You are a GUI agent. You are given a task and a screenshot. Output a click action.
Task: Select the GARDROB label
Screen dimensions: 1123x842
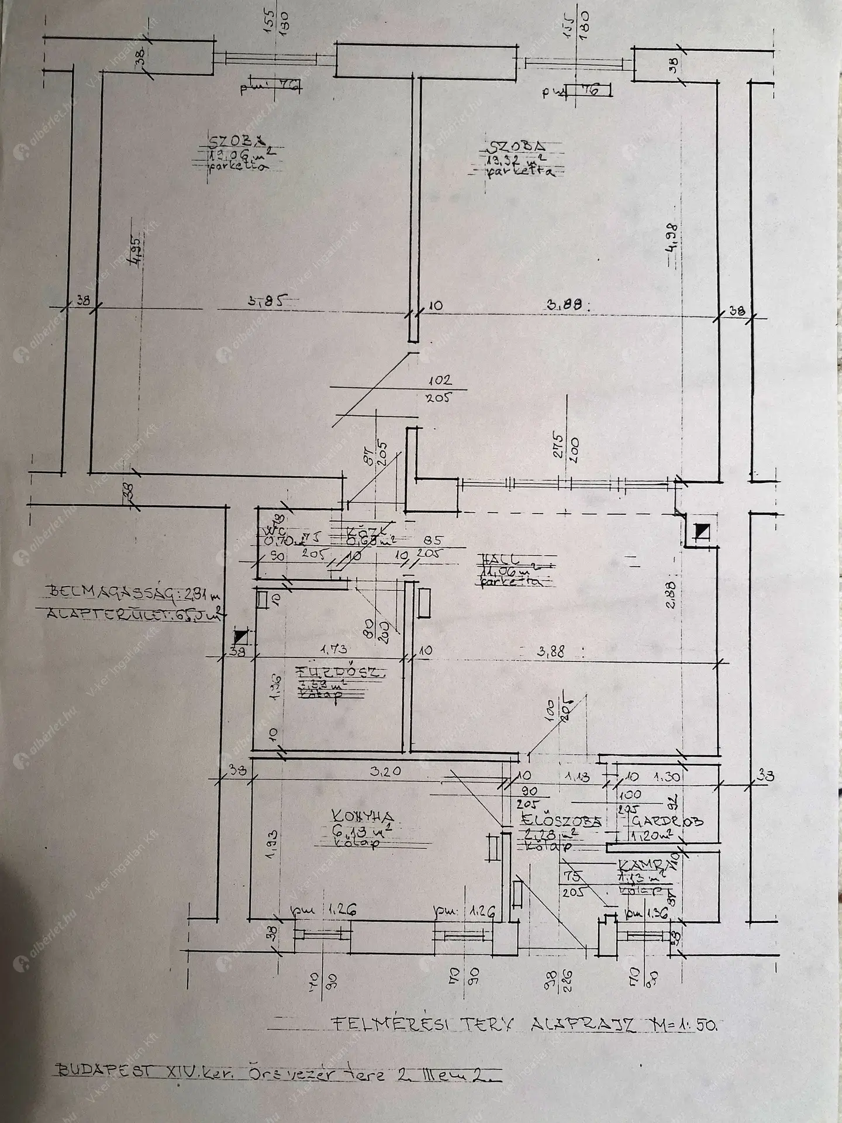pos(667,821)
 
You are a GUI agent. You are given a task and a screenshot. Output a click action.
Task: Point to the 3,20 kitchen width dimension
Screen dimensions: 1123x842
pos(385,771)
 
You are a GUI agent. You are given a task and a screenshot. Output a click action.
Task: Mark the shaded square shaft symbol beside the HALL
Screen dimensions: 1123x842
pos(700,532)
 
